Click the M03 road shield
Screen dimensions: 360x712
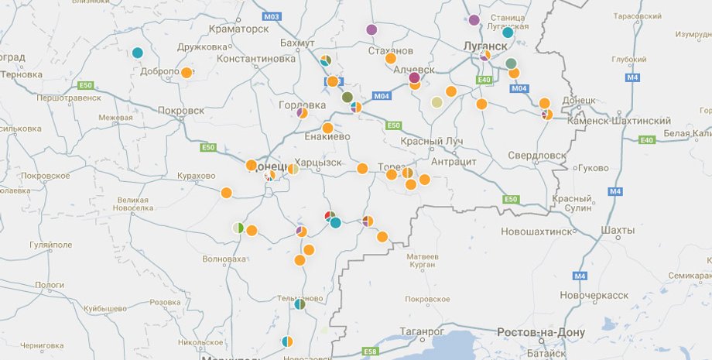(x=271, y=16)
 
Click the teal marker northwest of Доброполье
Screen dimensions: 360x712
(x=137, y=53)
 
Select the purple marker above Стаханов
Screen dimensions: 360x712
(x=371, y=30)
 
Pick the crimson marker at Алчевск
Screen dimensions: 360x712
(x=414, y=77)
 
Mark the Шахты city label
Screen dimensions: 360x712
(x=618, y=230)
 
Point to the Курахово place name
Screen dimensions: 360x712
(x=196, y=176)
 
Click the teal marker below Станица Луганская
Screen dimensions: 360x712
(x=508, y=33)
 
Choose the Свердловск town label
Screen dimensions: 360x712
(x=537, y=155)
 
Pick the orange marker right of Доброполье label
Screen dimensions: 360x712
(x=187, y=73)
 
